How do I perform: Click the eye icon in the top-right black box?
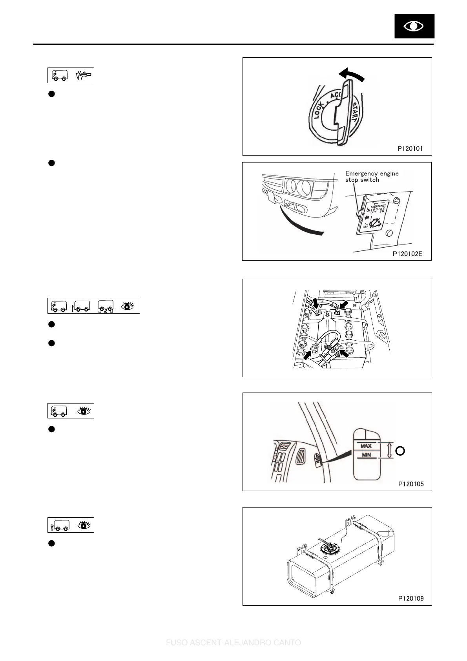(x=414, y=26)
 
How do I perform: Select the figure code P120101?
(x=410, y=149)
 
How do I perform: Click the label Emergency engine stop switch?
(x=372, y=176)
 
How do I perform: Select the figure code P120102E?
(x=407, y=254)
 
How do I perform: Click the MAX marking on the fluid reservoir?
(x=366, y=446)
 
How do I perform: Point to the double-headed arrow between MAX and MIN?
(x=389, y=451)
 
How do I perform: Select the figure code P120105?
(x=411, y=484)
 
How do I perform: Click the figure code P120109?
(x=411, y=599)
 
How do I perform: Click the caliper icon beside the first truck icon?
(x=84, y=75)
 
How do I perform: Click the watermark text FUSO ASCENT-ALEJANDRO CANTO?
(x=233, y=643)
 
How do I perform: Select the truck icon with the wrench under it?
(x=106, y=306)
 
